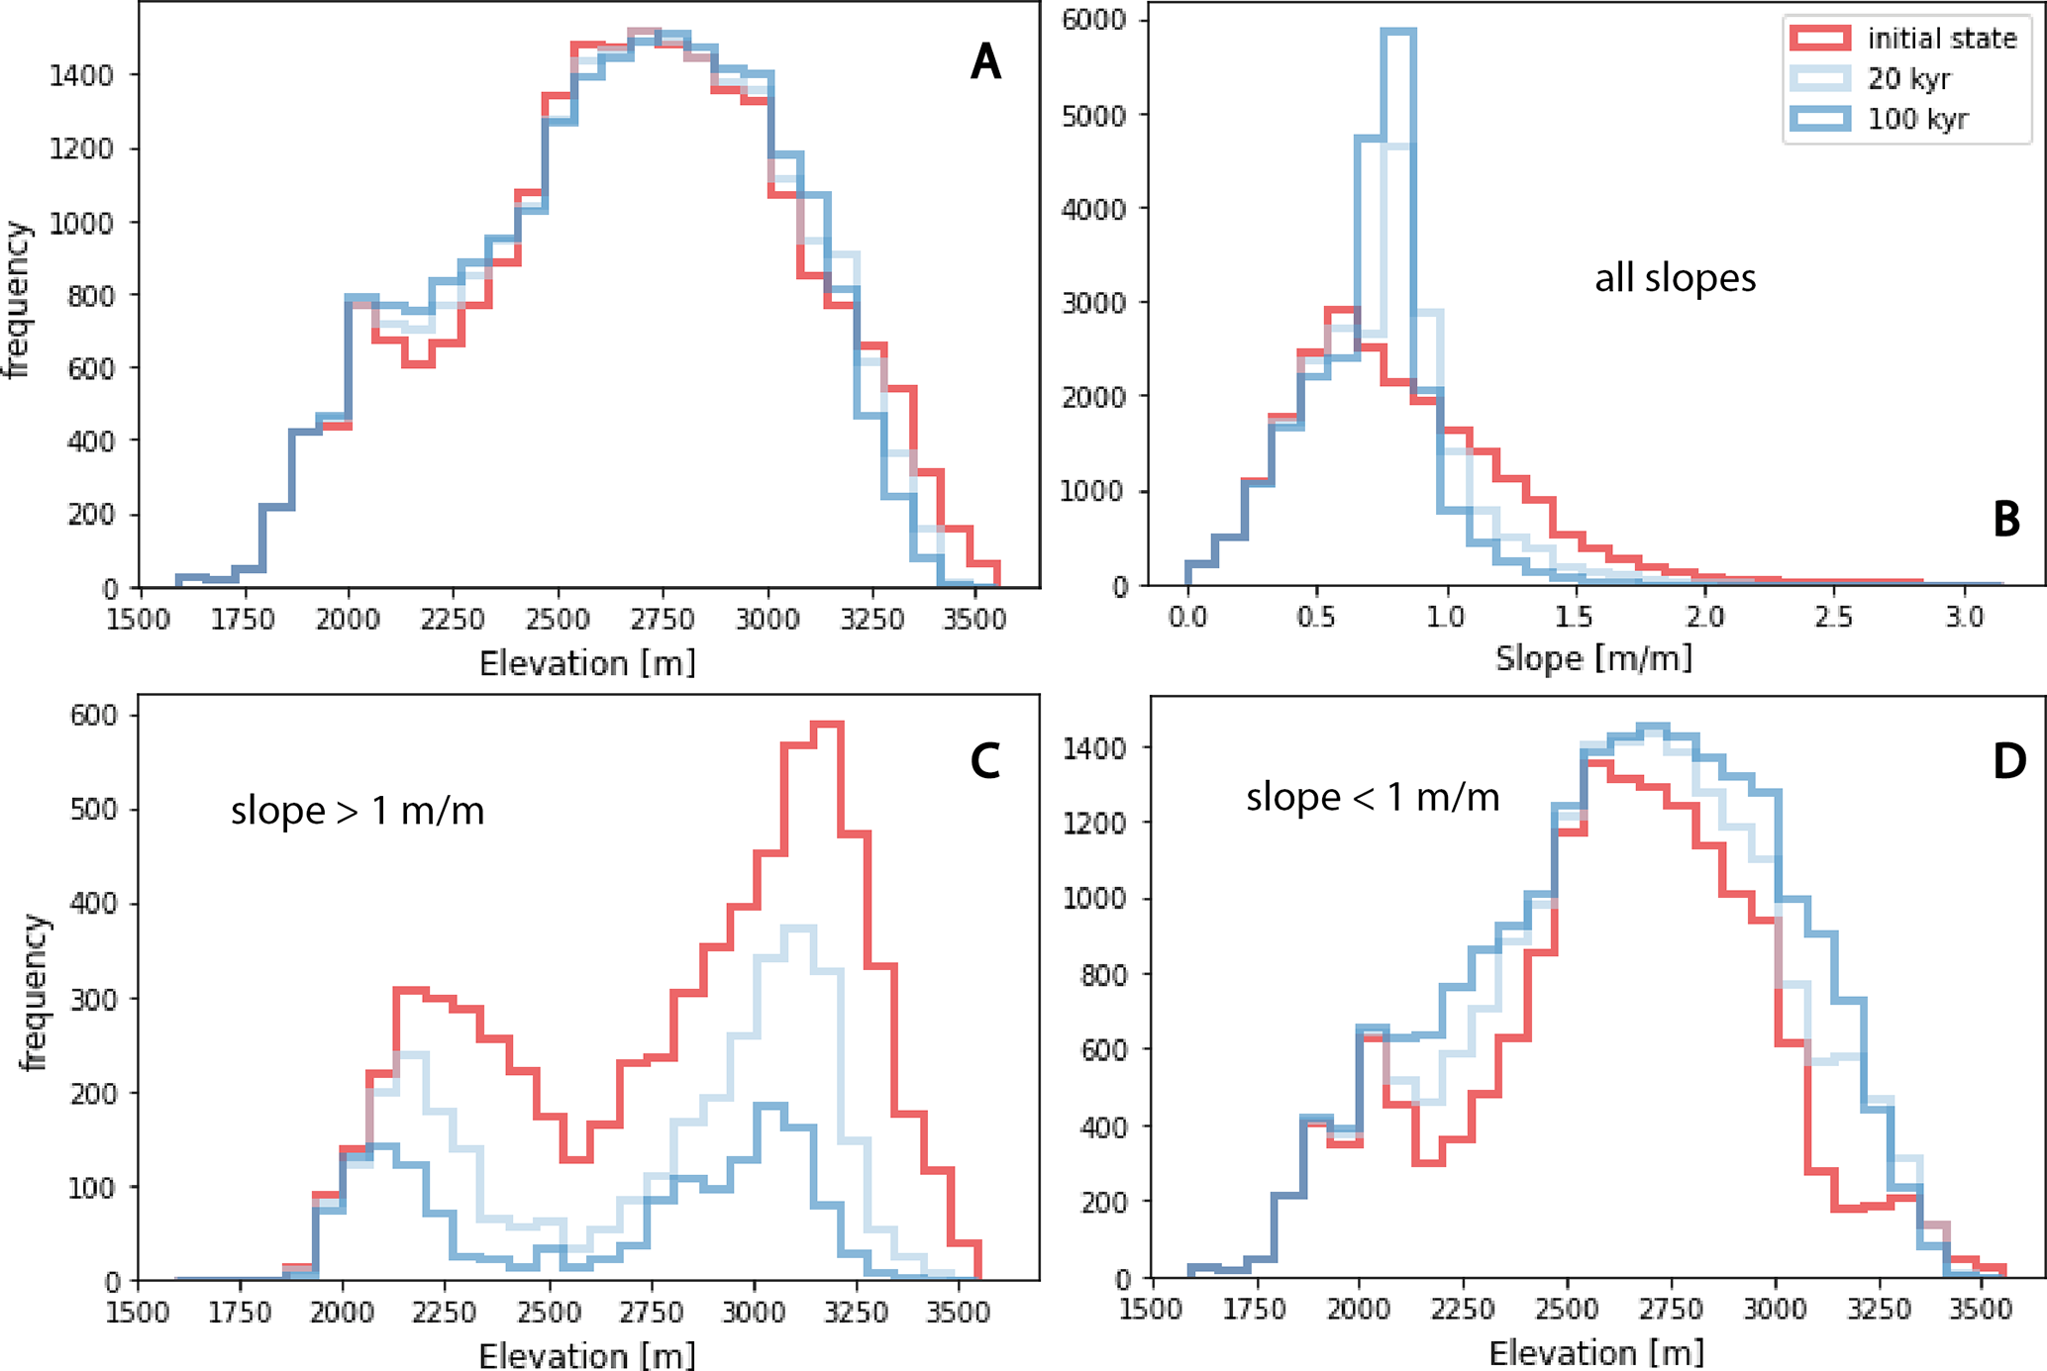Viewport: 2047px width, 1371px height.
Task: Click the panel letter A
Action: pyautogui.click(x=985, y=62)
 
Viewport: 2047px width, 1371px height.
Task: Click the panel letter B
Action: pyautogui.click(x=2005, y=520)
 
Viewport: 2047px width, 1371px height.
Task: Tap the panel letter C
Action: pyautogui.click(x=984, y=760)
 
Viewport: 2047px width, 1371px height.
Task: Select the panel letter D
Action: pyautogui.click(x=2008, y=760)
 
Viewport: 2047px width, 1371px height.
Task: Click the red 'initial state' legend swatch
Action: pyautogui.click(x=1819, y=39)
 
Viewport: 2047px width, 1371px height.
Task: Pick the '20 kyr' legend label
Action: pyautogui.click(x=1908, y=79)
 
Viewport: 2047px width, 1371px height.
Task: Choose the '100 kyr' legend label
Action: pyautogui.click(x=1917, y=120)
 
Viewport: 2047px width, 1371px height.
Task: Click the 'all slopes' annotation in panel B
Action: pyautogui.click(x=1675, y=278)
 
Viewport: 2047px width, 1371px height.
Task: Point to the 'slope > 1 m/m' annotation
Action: pyautogui.click(x=358, y=811)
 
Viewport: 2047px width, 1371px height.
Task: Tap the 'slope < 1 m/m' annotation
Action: pyautogui.click(x=1373, y=797)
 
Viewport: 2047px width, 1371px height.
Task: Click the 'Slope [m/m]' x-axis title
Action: pyautogui.click(x=1593, y=657)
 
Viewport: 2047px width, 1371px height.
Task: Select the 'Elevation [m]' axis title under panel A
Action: pyautogui.click(x=587, y=662)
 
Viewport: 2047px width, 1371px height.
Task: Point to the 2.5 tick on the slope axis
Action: pyautogui.click(x=1834, y=618)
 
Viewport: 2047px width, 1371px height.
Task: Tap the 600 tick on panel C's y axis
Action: pyautogui.click(x=95, y=715)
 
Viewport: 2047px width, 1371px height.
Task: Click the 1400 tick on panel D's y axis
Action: pyautogui.click(x=1094, y=747)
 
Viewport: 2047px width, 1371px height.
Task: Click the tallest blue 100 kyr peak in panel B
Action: pyautogui.click(x=1398, y=32)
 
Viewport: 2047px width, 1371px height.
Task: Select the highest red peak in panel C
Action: pyautogui.click(x=826, y=725)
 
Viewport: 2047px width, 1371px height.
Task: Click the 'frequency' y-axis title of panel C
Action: pyautogui.click(x=35, y=993)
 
